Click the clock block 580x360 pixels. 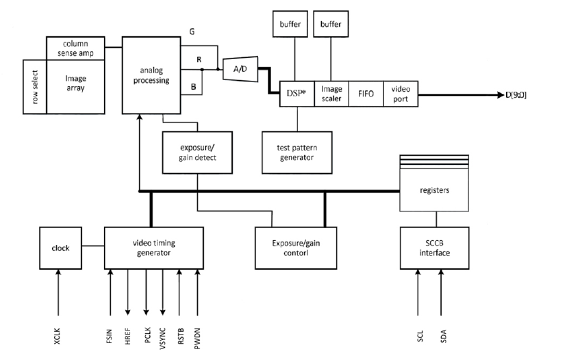[60, 248]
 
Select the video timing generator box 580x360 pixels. [153, 248]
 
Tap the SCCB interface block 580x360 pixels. [434, 248]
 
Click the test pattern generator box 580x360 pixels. [297, 152]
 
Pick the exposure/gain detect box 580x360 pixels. [197, 152]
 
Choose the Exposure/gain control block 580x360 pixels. [297, 248]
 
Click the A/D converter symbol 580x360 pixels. [239, 68]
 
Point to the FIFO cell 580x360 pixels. [366, 93]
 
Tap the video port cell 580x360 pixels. [401, 93]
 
